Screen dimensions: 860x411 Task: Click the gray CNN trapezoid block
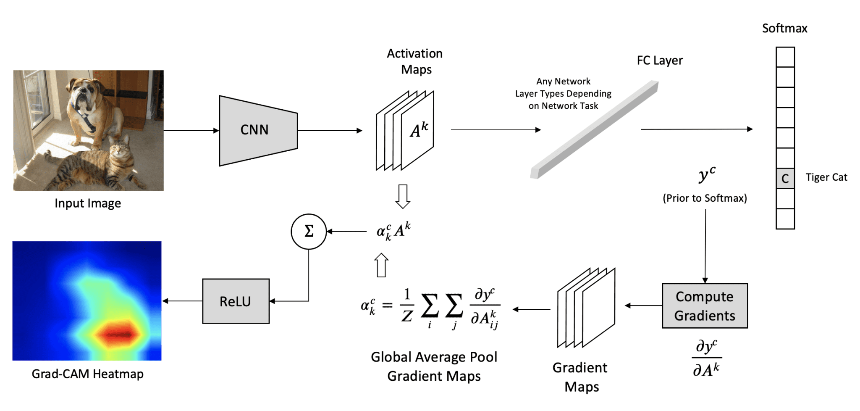(258, 131)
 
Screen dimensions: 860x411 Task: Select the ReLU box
(236, 301)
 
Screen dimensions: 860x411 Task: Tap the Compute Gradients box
(705, 306)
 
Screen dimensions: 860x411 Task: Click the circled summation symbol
(309, 232)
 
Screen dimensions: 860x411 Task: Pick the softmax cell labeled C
(785, 179)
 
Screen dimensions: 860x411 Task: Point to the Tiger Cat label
(826, 177)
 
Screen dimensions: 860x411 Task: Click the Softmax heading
(784, 28)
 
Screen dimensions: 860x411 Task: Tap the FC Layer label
(660, 61)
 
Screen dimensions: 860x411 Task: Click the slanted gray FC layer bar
(594, 130)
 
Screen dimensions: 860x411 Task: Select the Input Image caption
(88, 203)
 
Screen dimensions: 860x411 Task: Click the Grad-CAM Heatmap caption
(87, 374)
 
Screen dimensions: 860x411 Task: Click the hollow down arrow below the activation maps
(403, 196)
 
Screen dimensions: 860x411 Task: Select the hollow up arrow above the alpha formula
(381, 265)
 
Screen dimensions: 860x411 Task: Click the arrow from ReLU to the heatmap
(182, 301)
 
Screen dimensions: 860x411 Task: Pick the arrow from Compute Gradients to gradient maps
(643, 306)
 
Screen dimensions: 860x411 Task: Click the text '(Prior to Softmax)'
(705, 198)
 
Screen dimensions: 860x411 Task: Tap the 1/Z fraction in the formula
(406, 306)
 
